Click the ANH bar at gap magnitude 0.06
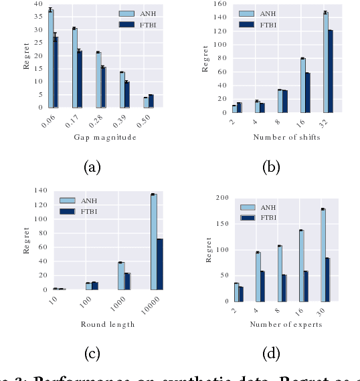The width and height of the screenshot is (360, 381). tap(51, 59)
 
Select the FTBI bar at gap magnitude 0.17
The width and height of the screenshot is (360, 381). tap(80, 79)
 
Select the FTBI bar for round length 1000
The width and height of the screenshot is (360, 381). tap(127, 281)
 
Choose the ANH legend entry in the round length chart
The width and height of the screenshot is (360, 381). tap(80, 200)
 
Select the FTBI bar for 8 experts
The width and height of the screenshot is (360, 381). tap(284, 287)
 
